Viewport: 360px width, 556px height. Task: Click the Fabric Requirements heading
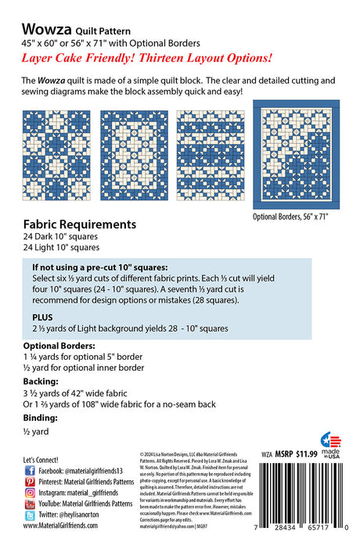[80, 224]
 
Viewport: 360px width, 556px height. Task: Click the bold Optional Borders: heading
[59, 345]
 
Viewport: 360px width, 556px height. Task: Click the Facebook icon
[30, 471]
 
